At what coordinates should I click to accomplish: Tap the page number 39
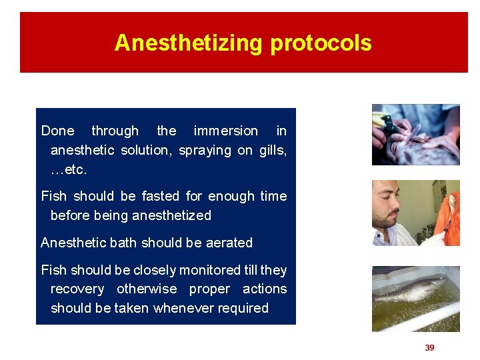pyautogui.click(x=429, y=348)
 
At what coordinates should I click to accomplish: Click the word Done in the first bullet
pyautogui.click(x=58, y=131)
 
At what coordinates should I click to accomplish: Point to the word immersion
pyautogui.click(x=225, y=131)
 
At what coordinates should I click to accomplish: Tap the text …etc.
pyautogui.click(x=69, y=170)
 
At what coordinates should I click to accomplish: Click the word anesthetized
pyautogui.click(x=171, y=216)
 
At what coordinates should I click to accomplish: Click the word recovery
pyautogui.click(x=77, y=289)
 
